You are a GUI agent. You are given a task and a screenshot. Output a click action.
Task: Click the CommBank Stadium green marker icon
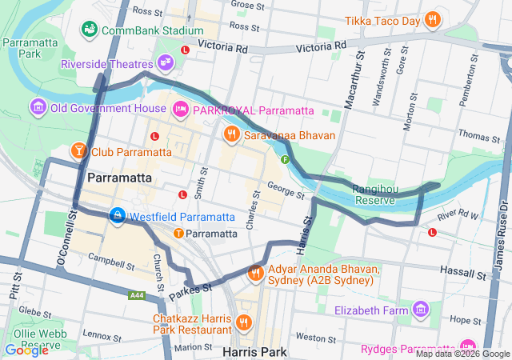click(x=90, y=30)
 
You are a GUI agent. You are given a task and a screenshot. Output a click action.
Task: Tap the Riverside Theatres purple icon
click(x=165, y=62)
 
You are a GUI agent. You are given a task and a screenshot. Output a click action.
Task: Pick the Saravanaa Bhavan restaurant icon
click(x=232, y=134)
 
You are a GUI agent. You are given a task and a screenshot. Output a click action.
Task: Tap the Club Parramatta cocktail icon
click(x=79, y=150)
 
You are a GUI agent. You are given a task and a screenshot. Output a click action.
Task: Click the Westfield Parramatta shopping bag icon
click(x=118, y=216)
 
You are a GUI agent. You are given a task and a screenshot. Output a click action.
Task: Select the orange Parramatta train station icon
click(x=178, y=234)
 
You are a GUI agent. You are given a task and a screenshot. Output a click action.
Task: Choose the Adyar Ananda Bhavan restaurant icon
click(x=256, y=273)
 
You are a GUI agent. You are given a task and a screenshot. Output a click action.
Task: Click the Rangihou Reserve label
click(x=374, y=194)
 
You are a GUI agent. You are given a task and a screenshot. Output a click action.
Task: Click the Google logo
click(x=26, y=349)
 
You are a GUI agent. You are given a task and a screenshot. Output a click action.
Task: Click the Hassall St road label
click(x=465, y=274)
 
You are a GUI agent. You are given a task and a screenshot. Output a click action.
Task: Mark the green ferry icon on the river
click(x=284, y=159)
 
